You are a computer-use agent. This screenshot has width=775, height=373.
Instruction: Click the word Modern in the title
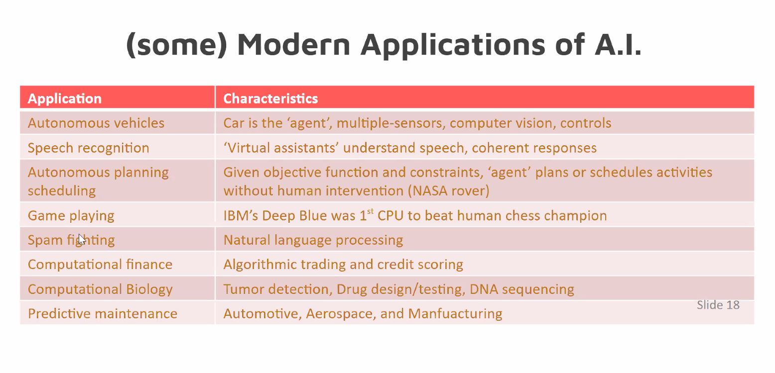pos(293,44)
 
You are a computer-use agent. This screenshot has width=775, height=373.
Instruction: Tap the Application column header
pos(65,99)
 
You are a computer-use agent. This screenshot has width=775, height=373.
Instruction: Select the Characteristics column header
pos(270,99)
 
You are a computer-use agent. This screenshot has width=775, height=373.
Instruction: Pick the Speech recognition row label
pos(89,148)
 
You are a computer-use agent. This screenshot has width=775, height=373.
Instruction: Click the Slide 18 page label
pos(718,305)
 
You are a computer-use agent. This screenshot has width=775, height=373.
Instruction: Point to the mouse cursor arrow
pos(82,239)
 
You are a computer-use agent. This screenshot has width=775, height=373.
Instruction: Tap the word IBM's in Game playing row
pos(241,215)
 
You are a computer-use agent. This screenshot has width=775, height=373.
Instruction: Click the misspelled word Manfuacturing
pos(455,314)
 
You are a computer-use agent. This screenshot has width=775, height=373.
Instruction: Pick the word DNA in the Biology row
pos(484,289)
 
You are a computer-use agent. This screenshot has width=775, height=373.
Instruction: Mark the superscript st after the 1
pos(370,211)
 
